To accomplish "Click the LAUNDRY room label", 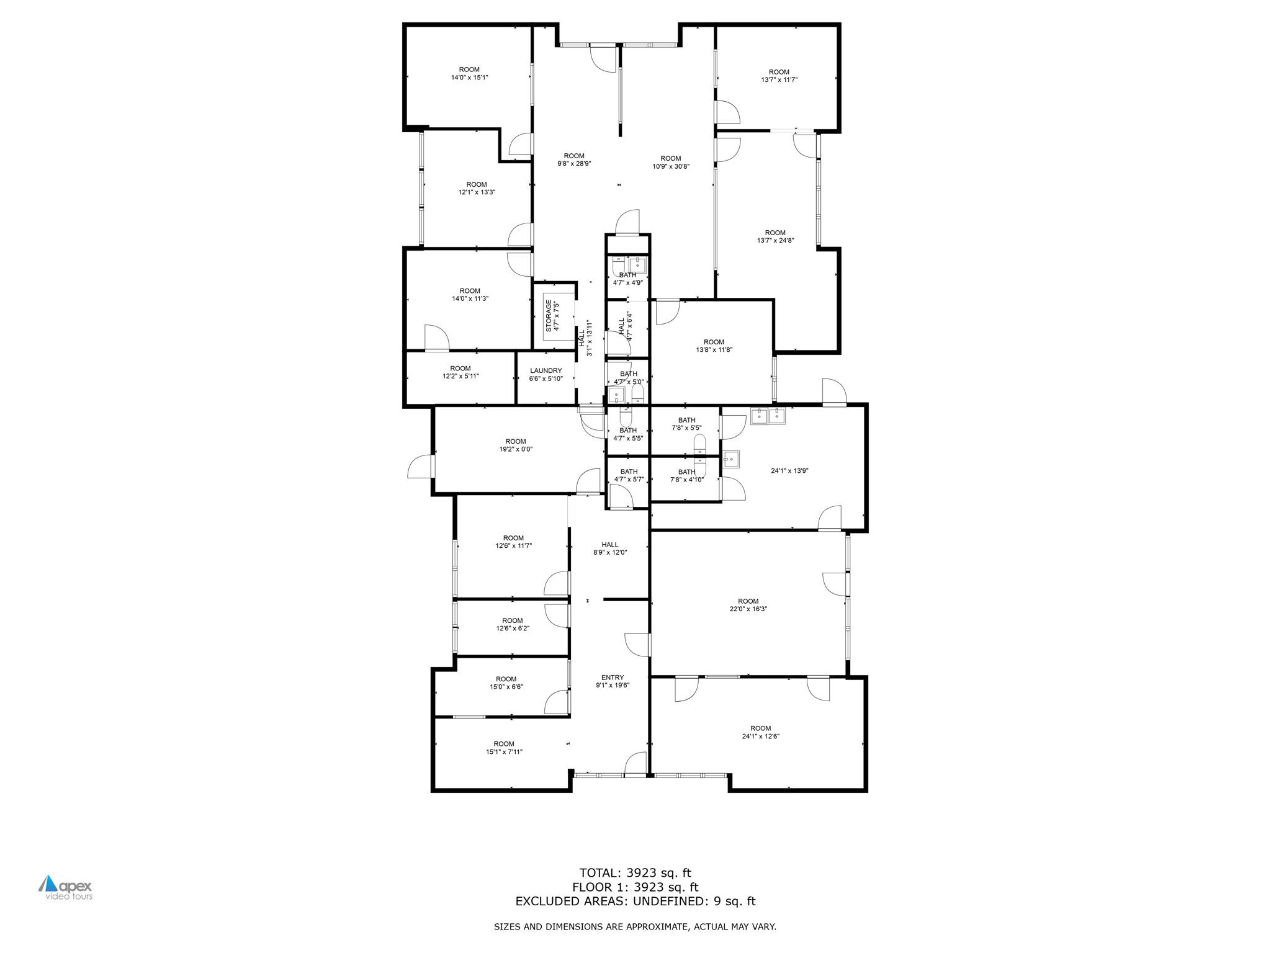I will coord(546,371).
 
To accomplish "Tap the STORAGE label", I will coord(549,316).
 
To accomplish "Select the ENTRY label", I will coord(613,678).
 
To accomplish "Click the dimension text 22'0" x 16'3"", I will coord(748,609).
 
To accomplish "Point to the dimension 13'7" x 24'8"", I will coord(775,241).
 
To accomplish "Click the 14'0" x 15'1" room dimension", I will coord(469,78).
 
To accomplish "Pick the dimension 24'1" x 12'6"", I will coord(760,736).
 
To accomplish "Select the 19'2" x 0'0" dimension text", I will coord(516,449).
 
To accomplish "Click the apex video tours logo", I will coord(66,888).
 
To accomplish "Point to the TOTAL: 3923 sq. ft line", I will coord(635,873).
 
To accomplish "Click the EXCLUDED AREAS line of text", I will coord(635,902).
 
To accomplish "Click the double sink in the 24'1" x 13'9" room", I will coord(768,415).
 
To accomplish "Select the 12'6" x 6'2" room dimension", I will coord(513,629).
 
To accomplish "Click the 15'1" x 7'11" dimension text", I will coord(504,752).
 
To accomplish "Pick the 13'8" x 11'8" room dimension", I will coord(714,350).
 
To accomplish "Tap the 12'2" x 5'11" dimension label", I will coord(460,376).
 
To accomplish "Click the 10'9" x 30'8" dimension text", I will coord(671,166).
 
